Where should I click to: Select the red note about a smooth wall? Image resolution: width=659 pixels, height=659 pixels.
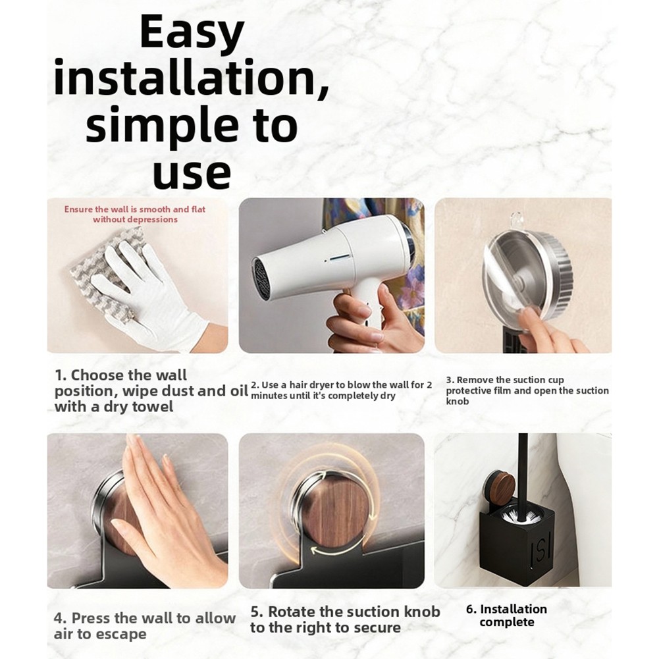(135, 214)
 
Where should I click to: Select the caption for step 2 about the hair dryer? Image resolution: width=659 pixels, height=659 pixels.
(341, 390)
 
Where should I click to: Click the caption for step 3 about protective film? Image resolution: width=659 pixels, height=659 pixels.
(527, 390)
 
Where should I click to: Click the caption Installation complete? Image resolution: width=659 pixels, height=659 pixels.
(506, 616)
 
